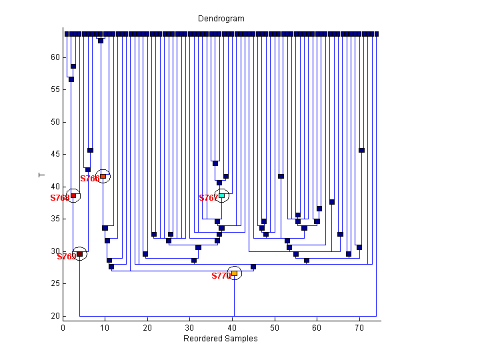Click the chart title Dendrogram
pos(221,19)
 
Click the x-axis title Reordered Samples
pos(220,339)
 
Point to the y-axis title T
pos(42,175)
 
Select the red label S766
pos(89,179)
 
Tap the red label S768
pos(59,198)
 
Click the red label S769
pos(66,257)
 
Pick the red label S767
pos(208,198)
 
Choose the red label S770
pos(221,276)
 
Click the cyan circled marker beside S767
pos(222,195)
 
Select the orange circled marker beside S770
pos(234,273)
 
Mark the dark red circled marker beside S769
pos(79,254)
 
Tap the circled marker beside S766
pos(103,176)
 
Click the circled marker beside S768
pos(73,195)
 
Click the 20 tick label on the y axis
pos(56,316)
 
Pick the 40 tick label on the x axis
pos(233,327)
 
